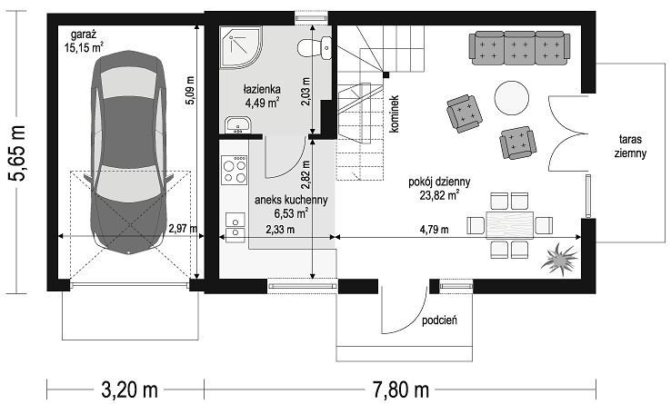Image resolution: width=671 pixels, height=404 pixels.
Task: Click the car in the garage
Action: click(129, 153)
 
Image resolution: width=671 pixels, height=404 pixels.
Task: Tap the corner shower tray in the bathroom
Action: click(241, 47)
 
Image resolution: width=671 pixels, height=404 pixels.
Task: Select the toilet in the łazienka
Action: click(314, 48)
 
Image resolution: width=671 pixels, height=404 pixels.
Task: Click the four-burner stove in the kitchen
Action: click(235, 170)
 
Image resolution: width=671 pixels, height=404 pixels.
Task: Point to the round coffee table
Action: click(511, 98)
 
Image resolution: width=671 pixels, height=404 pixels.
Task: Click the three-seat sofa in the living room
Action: click(520, 48)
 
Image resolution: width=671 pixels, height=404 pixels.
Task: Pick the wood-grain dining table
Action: click(510, 225)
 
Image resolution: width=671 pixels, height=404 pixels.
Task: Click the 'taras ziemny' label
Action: click(630, 146)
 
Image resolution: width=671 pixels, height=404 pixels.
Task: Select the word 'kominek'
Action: click(395, 113)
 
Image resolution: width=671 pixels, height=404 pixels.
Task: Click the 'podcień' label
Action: click(439, 320)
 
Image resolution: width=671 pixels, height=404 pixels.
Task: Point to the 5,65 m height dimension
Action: click(18, 153)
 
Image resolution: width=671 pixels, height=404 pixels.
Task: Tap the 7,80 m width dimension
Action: click(400, 389)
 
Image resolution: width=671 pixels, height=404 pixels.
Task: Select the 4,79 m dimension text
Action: click(434, 230)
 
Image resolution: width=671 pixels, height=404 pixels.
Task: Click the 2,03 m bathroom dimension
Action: click(306, 93)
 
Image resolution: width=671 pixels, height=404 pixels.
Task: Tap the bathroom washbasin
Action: click(237, 125)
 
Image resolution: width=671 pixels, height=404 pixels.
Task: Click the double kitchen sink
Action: click(235, 227)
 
